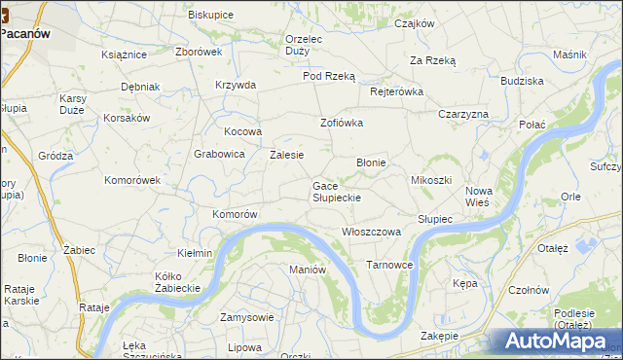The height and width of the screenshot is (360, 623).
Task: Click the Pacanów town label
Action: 26,31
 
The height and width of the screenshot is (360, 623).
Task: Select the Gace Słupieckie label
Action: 337,192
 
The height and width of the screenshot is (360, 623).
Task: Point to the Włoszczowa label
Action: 372,232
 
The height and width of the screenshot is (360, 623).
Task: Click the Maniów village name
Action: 307,269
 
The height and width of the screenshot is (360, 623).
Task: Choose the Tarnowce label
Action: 389,265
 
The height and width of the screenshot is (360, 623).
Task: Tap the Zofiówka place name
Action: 342,123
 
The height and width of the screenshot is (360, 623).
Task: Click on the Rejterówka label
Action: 397,91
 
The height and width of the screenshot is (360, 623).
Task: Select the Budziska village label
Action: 522,82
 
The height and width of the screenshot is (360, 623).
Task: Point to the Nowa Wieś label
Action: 478,198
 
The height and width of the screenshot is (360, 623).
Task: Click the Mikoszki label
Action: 431,181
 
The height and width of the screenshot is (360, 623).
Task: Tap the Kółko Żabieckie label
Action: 177,282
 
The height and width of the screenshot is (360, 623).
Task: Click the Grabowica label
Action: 218,153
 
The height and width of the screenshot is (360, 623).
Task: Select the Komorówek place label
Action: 131,180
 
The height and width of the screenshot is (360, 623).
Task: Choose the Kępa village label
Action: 464,283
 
